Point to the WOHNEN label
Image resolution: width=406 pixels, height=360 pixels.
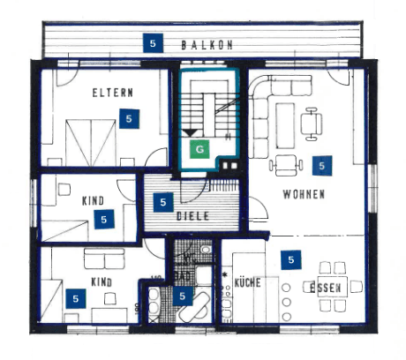click(x=304, y=194)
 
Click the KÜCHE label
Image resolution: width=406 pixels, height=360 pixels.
click(x=246, y=282)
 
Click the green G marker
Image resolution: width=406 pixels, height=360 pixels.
click(x=200, y=149)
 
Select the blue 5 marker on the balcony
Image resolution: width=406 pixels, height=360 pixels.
click(x=154, y=42)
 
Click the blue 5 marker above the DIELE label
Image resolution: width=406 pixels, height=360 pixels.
click(x=162, y=202)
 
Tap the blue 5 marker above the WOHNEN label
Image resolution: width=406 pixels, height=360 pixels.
click(x=320, y=165)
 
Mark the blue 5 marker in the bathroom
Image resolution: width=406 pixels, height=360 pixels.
click(x=182, y=296)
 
